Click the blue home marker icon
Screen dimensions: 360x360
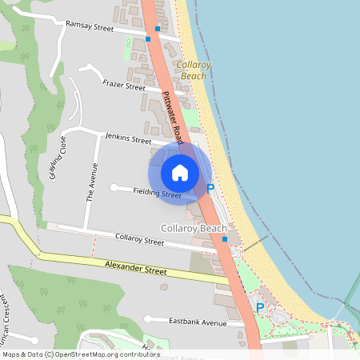[180, 173]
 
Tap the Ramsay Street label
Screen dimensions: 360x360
[90, 26]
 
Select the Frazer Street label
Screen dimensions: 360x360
[124, 85]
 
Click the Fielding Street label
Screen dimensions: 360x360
[157, 192]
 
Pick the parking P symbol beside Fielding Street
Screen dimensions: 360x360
[211, 189]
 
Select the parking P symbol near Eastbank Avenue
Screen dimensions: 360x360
[259, 307]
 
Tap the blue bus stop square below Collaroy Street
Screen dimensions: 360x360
[225, 238]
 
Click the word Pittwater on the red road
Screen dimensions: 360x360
[170, 102]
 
